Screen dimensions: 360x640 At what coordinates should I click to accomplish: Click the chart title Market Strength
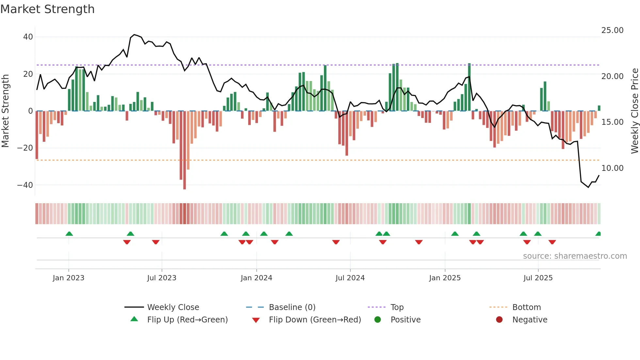click(47, 9)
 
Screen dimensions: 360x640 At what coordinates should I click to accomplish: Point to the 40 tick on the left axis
click(28, 37)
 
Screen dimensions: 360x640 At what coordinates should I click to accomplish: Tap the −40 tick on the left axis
click(25, 185)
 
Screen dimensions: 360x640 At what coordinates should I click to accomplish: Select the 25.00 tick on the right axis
click(612, 30)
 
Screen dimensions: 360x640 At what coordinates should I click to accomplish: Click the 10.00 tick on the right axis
click(612, 168)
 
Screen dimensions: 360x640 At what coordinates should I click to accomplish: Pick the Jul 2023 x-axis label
click(162, 278)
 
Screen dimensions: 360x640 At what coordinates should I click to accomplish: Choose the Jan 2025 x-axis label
click(445, 278)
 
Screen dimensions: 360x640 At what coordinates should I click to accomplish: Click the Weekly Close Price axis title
click(634, 111)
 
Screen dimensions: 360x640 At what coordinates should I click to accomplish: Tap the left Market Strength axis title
click(5, 111)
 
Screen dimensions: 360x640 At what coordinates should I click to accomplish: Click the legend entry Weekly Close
click(173, 307)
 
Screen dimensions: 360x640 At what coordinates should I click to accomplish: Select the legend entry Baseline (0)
click(292, 307)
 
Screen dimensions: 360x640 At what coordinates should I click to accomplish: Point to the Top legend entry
click(397, 307)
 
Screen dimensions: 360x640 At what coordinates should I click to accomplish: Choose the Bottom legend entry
click(526, 307)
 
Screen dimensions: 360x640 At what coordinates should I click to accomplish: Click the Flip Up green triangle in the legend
click(134, 319)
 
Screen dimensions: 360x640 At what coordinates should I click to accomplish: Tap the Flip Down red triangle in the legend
click(256, 320)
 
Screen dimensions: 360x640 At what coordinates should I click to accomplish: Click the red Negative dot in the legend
click(499, 319)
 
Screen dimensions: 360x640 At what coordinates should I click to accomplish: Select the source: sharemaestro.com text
click(575, 256)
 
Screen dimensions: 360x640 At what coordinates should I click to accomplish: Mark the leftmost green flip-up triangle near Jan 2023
click(69, 234)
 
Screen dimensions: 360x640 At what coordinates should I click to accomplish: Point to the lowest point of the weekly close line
click(588, 187)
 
